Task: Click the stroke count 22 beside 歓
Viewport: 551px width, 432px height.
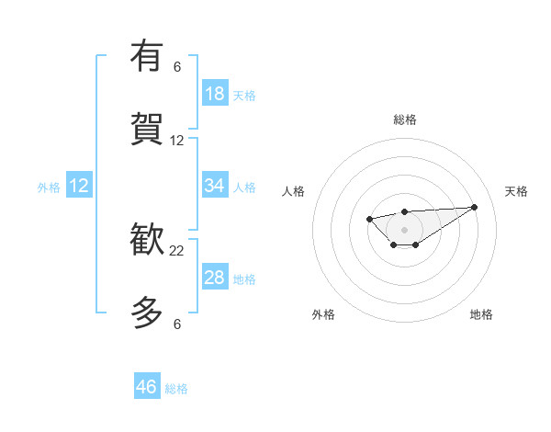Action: [177, 251]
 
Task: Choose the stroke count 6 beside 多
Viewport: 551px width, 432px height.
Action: [177, 324]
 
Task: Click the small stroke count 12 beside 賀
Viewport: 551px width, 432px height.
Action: [177, 141]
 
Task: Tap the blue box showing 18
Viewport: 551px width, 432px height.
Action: [215, 94]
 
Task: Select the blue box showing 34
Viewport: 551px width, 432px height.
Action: [215, 186]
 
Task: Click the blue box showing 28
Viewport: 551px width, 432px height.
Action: [215, 278]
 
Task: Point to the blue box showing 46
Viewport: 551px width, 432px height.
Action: [147, 387]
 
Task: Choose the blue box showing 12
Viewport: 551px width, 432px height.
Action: [79, 186]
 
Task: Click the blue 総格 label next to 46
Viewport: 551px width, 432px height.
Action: [176, 389]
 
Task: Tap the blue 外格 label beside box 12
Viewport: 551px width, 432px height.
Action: [49, 188]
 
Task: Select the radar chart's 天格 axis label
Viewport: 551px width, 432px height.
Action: [517, 191]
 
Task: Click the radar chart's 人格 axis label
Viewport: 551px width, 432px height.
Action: [294, 191]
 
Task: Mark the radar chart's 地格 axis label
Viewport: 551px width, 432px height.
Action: [481, 314]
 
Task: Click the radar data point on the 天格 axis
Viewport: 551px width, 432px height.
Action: [474, 207]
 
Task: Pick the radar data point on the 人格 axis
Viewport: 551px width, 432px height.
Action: [369, 219]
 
